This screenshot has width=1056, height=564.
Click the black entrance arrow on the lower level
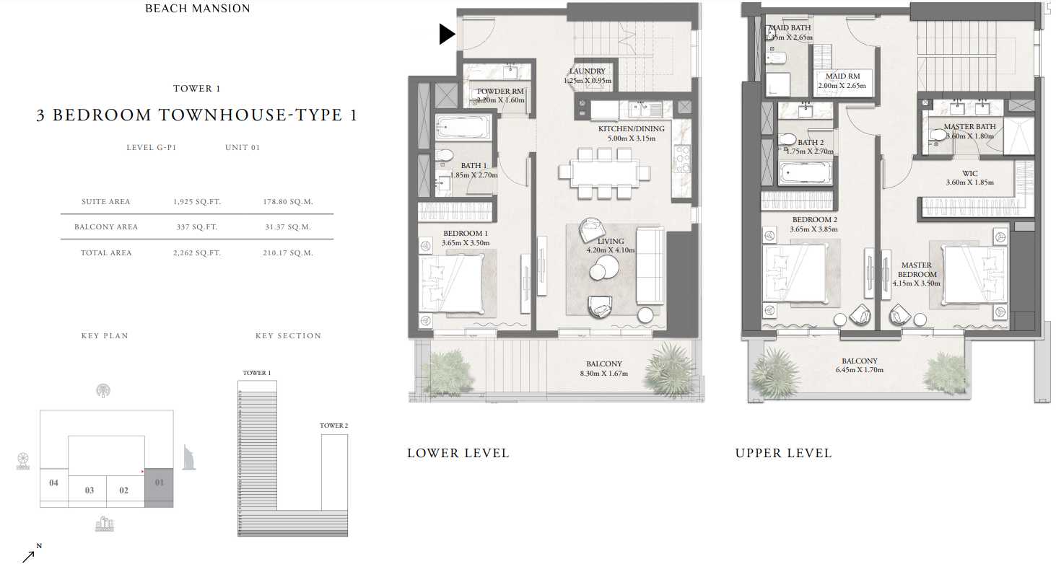[447, 35]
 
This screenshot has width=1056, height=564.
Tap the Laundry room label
[587, 71]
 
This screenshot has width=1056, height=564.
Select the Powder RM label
[500, 92]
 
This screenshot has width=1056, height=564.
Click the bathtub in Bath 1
[463, 127]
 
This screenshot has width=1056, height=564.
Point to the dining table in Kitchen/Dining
[604, 173]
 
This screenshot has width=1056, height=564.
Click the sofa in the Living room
[650, 266]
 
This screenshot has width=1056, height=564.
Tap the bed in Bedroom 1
[452, 283]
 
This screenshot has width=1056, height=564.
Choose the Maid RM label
[842, 76]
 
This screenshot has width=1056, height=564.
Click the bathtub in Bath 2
[806, 173]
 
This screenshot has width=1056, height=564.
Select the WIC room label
[969, 173]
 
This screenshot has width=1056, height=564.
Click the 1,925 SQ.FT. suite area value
[197, 202]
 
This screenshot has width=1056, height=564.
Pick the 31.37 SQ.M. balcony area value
[288, 227]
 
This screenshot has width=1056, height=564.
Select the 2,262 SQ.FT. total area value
[197, 253]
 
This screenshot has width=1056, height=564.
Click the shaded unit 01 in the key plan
[159, 488]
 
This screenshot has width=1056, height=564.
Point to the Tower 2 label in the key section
[333, 426]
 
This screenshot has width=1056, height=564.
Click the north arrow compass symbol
[31, 553]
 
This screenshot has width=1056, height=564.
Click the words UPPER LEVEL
[783, 453]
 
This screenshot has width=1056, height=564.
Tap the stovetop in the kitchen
[682, 159]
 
